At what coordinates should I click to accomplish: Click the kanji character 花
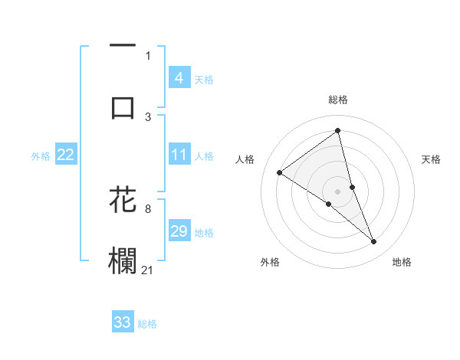[123, 199]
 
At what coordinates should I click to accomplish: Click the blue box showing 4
[179, 77]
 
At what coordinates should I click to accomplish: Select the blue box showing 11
[179, 155]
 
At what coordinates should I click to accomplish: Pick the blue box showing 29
[179, 231]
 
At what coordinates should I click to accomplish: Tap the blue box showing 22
[65, 155]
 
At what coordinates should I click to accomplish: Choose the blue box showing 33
[123, 322]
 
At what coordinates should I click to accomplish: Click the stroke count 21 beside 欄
[148, 269]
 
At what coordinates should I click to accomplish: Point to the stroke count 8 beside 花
[148, 208]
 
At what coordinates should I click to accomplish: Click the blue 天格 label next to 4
[204, 79]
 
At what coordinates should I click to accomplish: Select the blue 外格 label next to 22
[41, 156]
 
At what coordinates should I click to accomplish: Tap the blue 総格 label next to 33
[147, 324]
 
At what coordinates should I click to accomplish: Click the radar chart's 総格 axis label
[338, 100]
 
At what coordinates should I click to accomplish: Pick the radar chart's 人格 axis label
[245, 159]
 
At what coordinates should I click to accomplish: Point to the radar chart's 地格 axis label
[402, 262]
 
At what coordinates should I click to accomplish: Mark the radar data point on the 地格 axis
[374, 242]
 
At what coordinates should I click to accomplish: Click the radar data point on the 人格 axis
[280, 173]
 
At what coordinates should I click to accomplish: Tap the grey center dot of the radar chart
[338, 191]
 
